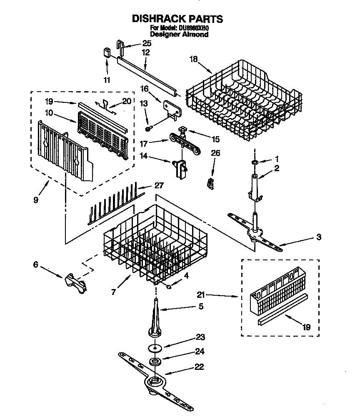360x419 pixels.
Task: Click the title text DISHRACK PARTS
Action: coord(177,19)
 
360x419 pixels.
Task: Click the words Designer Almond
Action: coord(179,35)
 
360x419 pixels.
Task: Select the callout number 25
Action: coord(147,43)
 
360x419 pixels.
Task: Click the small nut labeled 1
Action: coord(254,162)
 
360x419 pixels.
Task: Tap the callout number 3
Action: coord(318,238)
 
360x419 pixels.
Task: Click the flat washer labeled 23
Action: coord(155,347)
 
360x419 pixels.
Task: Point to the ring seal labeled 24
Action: coord(155,361)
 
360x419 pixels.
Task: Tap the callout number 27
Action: coord(159,185)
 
